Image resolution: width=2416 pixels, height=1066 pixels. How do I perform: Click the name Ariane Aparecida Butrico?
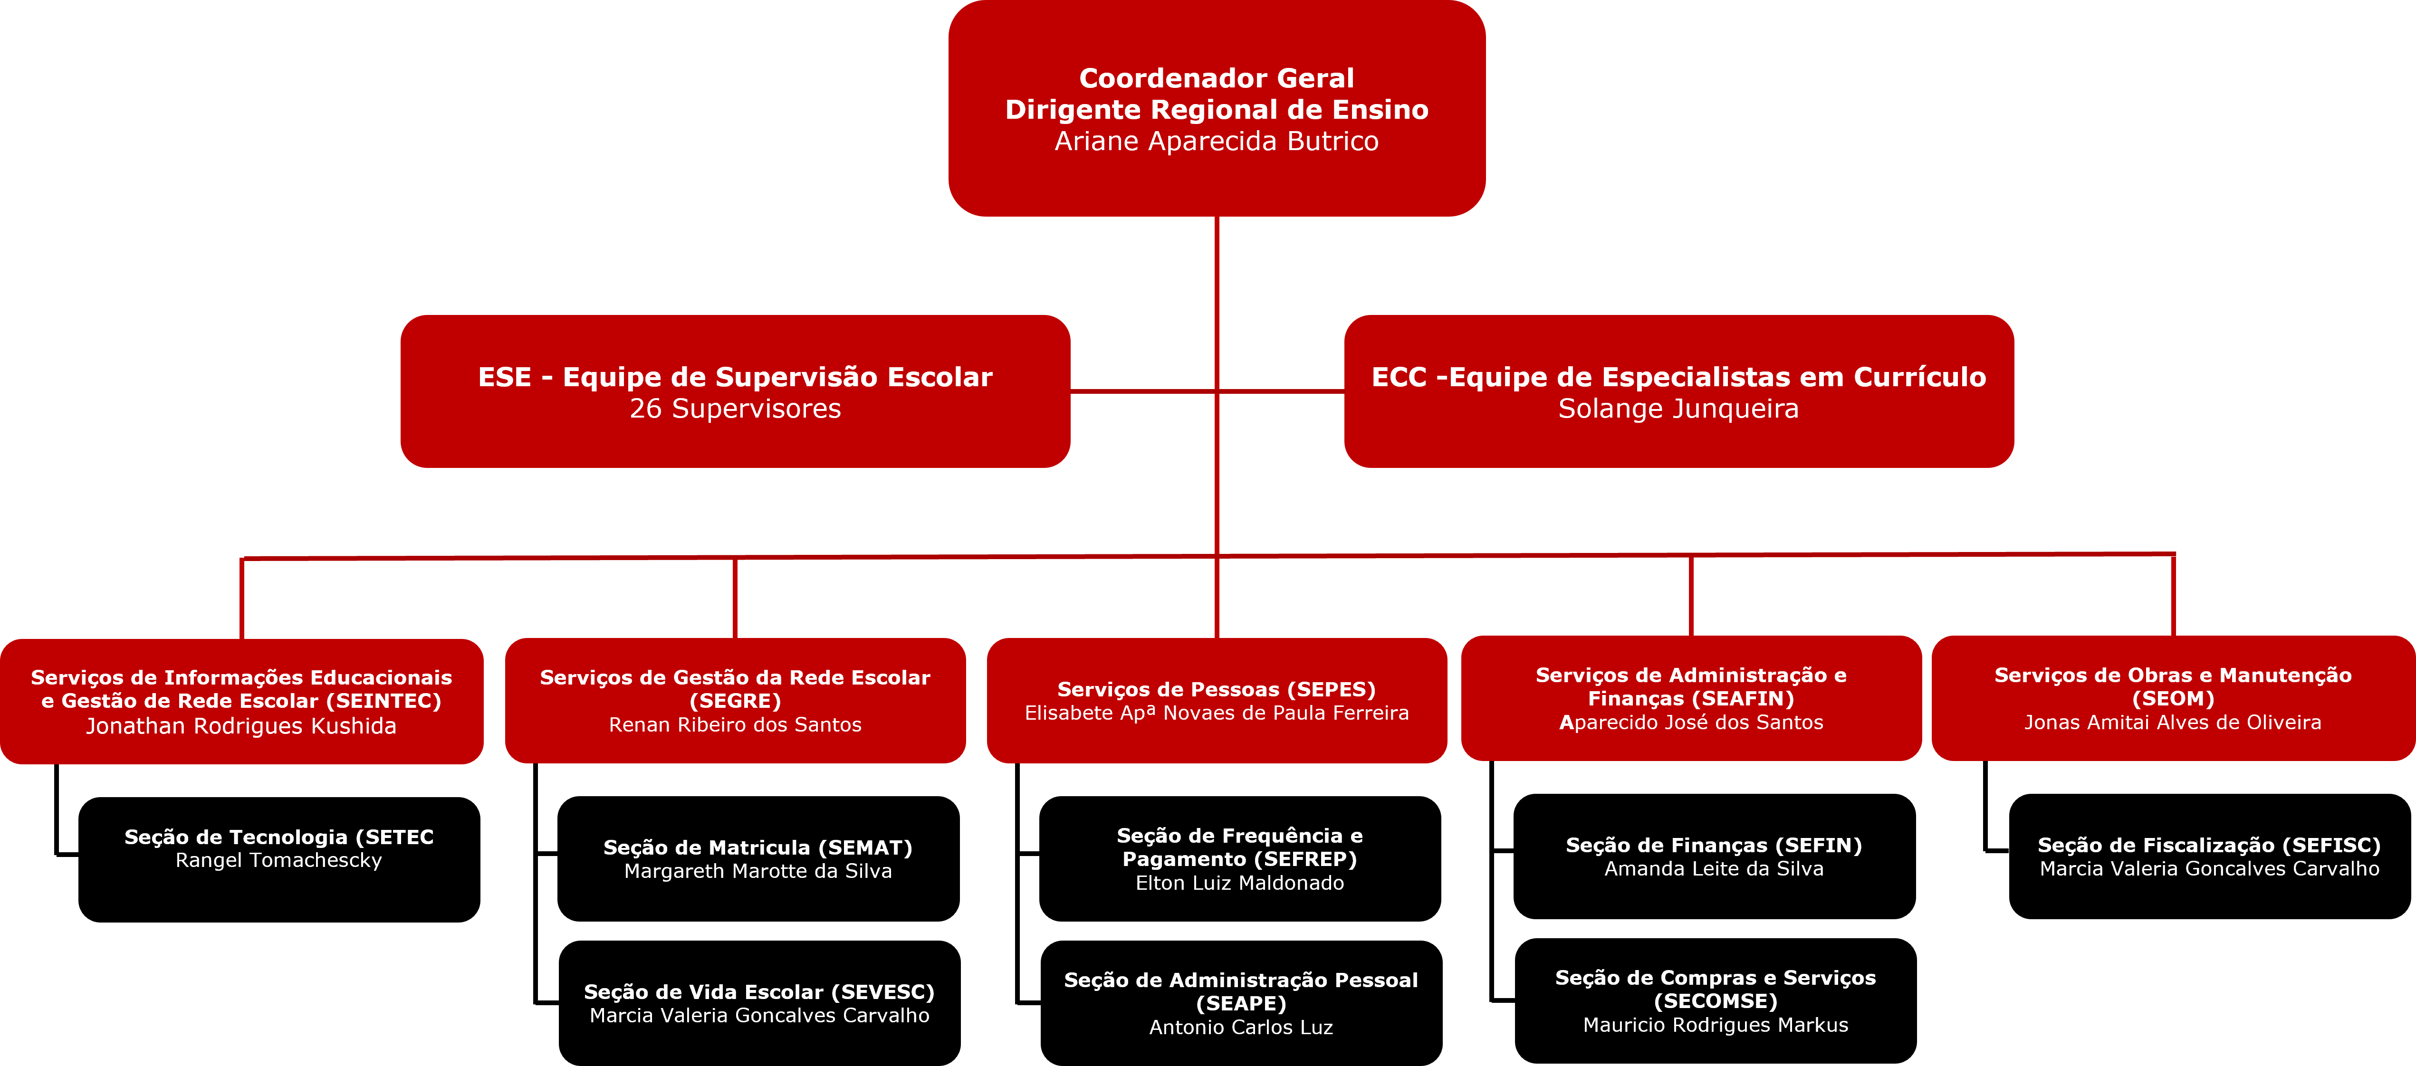coord(1217,142)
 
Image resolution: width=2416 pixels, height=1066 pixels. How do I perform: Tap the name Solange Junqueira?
coord(1678,409)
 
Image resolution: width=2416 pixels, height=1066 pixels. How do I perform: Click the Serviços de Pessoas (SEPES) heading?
coord(1217,689)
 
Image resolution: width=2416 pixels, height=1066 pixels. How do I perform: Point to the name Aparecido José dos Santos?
coord(1691,722)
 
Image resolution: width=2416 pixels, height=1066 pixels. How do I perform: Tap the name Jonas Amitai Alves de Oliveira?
coord(2172,722)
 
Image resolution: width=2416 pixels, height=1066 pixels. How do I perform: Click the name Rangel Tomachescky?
coord(278,861)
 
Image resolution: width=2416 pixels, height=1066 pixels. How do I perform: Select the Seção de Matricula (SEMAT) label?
coord(758,847)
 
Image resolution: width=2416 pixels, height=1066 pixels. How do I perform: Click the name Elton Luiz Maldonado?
coord(1239,883)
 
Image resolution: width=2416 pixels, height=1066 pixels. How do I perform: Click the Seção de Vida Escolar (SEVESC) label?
coord(759,992)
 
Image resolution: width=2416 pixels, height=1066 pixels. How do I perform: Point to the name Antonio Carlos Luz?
coord(1241,1028)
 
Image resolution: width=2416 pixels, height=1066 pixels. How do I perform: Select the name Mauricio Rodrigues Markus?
coord(1716,1025)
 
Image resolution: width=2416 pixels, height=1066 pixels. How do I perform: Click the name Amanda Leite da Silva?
coord(1714,869)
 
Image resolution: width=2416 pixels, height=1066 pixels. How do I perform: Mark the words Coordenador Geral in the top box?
coord(1217,78)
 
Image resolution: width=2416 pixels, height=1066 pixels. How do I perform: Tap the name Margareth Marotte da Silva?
coord(758,871)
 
